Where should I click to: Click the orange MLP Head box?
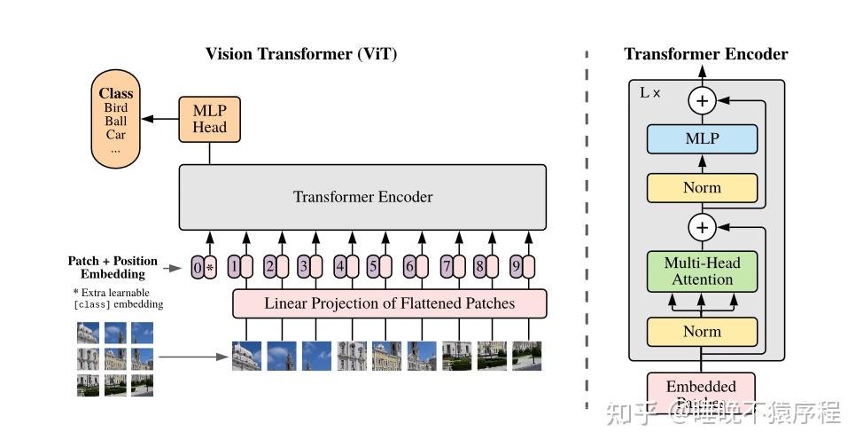209,119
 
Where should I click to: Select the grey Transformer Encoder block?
362,197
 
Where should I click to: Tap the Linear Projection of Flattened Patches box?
389,303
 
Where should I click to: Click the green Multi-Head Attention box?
702,271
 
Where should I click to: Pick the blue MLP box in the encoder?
702,139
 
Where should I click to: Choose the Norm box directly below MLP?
702,188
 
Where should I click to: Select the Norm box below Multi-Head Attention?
702,332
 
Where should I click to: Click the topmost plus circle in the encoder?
702,100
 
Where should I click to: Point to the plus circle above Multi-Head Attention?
702,228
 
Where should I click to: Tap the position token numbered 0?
198,265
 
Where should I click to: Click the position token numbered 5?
373,265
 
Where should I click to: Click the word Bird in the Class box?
115,108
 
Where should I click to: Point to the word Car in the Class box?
115,135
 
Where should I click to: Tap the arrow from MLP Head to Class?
160,119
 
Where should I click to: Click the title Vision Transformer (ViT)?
301,54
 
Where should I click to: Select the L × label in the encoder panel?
649,92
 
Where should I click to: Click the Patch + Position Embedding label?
113,267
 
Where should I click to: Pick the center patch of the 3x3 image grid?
115,358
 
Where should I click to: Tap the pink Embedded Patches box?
701,391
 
